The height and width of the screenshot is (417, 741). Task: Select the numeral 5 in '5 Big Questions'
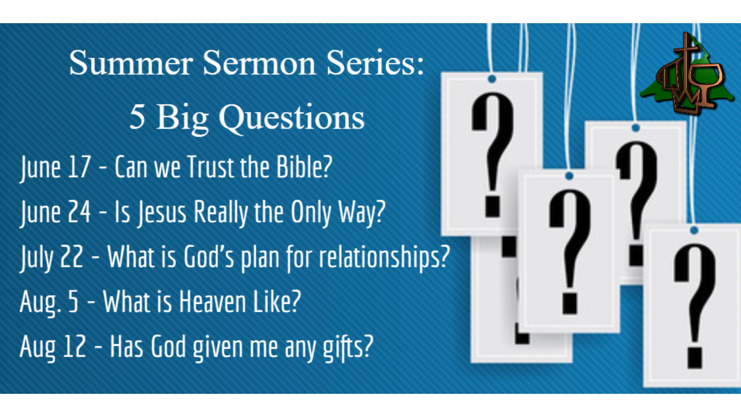coord(137,117)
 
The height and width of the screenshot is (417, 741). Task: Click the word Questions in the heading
coord(292,118)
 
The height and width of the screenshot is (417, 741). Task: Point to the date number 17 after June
coord(79,167)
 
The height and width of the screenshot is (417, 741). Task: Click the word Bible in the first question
coord(304,167)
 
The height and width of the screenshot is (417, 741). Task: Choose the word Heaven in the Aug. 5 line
coord(213,302)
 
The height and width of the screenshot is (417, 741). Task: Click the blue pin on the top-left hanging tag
coord(492,79)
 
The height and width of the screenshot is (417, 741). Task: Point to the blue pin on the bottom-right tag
coord(694,231)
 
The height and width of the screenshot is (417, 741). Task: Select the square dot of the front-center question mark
coord(570,303)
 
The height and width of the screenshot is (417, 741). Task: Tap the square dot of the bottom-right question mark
coord(695,358)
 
